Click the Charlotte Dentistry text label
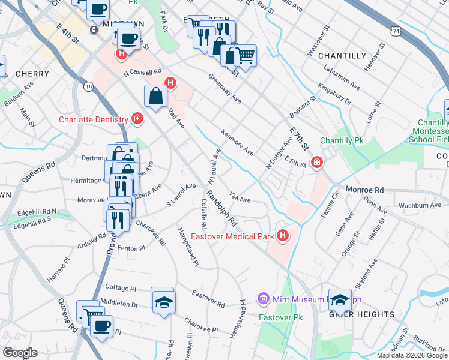click(x=94, y=119)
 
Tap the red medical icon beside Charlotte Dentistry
click(x=138, y=119)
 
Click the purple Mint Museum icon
click(x=262, y=298)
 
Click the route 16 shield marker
click(x=89, y=87)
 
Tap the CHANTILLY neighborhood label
click(x=342, y=56)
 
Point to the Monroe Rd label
click(x=364, y=189)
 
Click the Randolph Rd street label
click(x=220, y=209)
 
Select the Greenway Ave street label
click(x=224, y=89)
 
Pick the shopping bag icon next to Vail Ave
click(x=155, y=96)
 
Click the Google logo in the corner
click(x=20, y=353)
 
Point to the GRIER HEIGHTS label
click(x=361, y=314)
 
